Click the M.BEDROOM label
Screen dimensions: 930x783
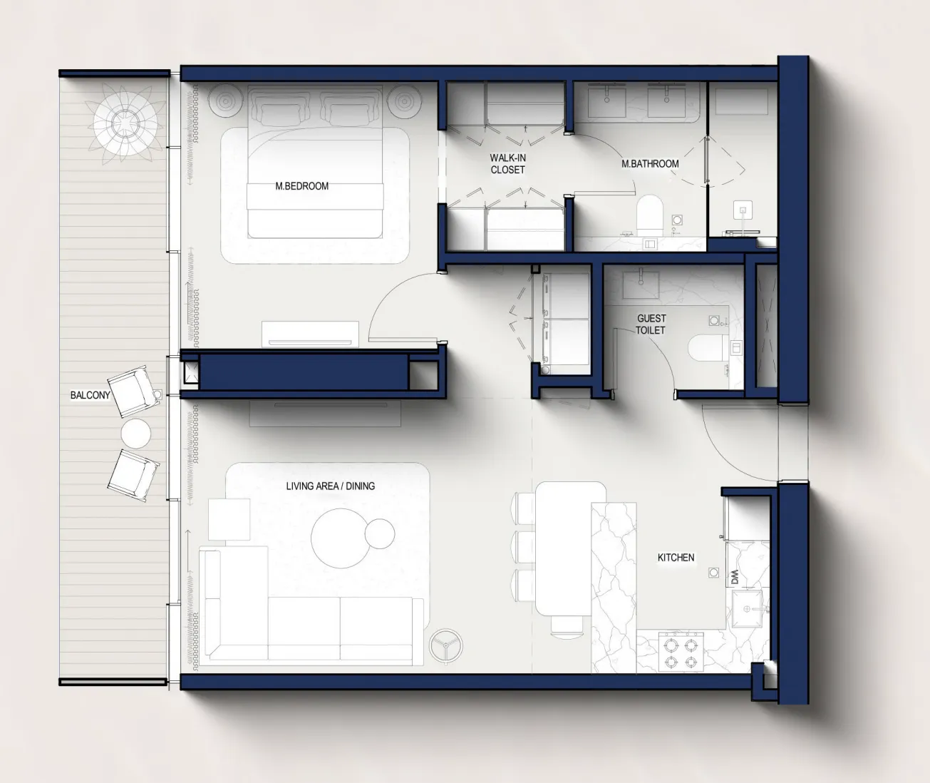point(301,186)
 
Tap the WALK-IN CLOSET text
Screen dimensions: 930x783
point(507,163)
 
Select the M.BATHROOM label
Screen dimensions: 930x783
point(650,163)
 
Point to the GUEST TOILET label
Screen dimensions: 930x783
point(651,324)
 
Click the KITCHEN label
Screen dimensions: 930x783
point(676,558)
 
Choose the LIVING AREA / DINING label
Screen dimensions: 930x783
point(331,486)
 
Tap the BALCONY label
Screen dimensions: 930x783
point(90,395)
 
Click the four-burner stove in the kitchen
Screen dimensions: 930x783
point(681,651)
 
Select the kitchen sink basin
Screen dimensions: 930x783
point(748,609)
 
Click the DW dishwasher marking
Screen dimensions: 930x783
point(735,577)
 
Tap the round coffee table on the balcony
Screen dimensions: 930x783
point(136,433)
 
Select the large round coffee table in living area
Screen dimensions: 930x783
point(341,538)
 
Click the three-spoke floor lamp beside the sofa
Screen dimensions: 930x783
point(446,645)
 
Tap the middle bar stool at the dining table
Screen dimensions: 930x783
point(525,548)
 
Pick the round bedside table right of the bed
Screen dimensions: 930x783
point(404,101)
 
